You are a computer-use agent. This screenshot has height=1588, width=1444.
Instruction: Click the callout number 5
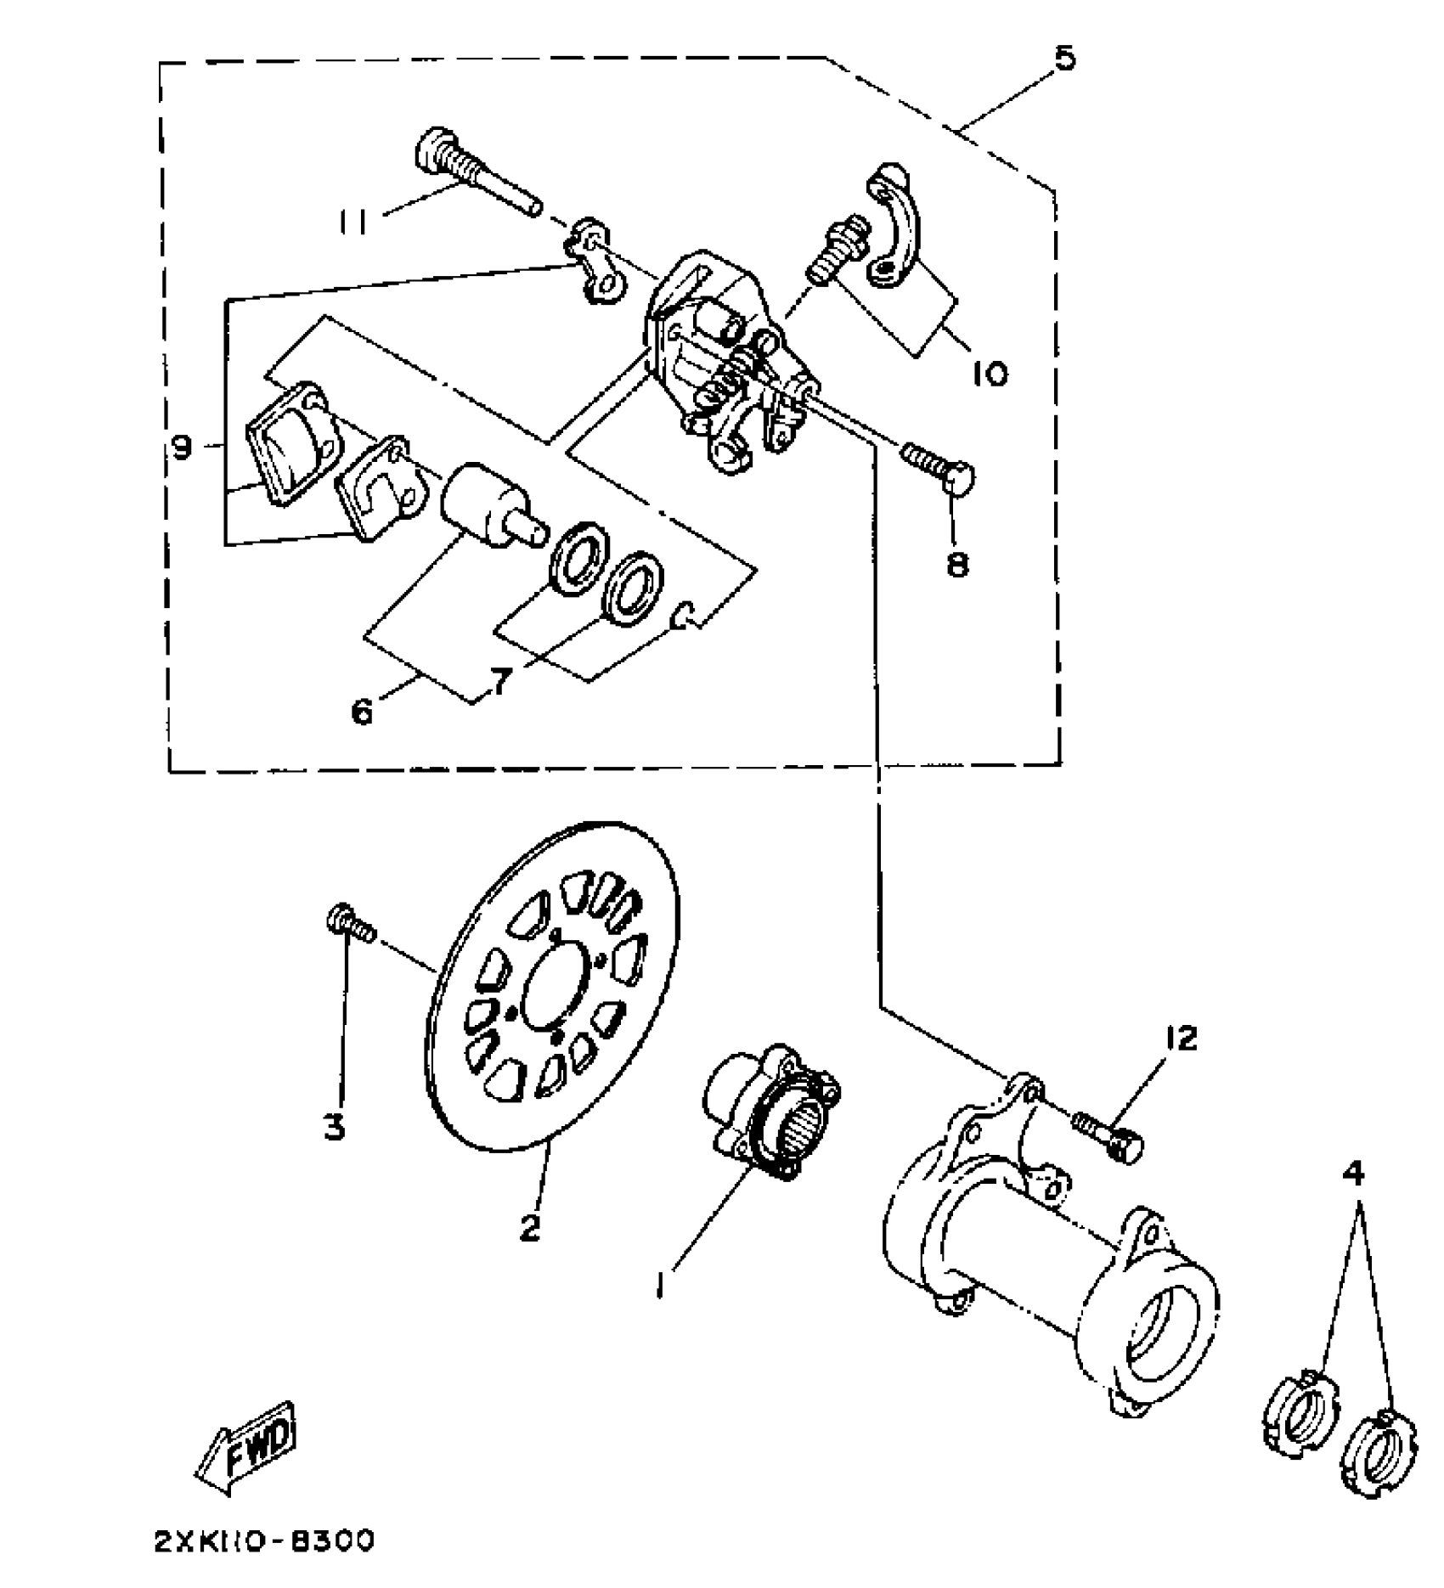[x=1063, y=59]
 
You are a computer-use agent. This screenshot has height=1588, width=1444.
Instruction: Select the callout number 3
[x=336, y=1127]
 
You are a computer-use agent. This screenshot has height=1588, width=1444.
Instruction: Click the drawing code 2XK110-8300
[x=264, y=1541]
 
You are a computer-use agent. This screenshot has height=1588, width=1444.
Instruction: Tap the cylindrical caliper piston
[x=484, y=504]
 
